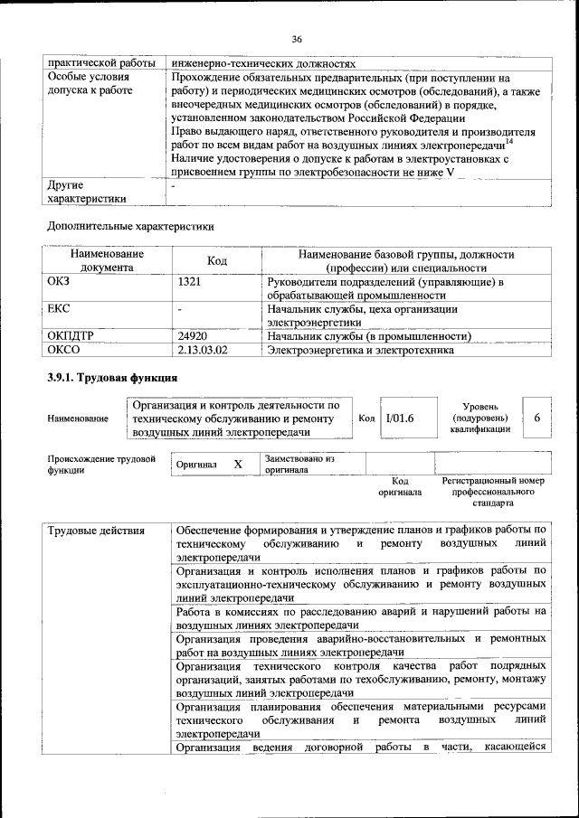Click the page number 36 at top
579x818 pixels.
tap(296, 38)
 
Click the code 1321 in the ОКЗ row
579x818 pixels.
tap(190, 282)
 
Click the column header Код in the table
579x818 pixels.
tap(216, 261)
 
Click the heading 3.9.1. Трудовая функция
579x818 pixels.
tap(112, 378)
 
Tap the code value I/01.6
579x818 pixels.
tap(399, 418)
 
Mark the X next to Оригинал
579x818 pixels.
tap(238, 464)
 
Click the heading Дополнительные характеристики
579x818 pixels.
tap(130, 226)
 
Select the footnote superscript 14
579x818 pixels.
tap(509, 140)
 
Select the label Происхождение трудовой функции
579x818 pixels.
tap(101, 465)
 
